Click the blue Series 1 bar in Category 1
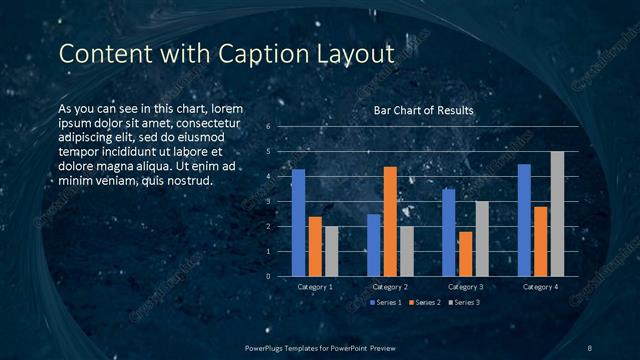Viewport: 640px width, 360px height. point(298,223)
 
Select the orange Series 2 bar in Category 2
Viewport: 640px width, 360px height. point(390,221)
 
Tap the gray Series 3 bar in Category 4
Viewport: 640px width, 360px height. point(557,214)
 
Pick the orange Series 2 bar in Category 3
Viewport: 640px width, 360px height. point(465,254)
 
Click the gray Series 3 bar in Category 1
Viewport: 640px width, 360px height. point(331,251)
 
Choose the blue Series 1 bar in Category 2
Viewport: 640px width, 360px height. point(373,245)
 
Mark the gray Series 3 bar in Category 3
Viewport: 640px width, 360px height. point(482,239)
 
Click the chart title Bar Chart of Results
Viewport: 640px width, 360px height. point(423,110)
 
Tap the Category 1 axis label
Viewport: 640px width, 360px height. point(315,287)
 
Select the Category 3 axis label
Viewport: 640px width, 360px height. point(465,287)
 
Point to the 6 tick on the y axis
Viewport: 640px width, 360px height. point(268,127)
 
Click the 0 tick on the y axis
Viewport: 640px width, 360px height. point(268,277)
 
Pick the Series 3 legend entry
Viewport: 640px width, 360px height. point(465,302)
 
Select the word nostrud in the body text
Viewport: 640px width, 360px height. point(187,180)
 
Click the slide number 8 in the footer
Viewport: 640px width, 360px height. point(590,347)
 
